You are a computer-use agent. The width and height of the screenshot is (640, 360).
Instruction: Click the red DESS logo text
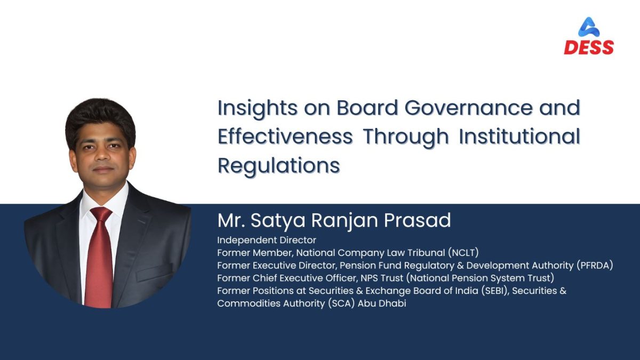click(589, 47)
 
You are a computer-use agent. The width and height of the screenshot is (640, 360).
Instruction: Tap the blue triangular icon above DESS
click(589, 27)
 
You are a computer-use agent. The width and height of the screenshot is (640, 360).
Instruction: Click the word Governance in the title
click(469, 108)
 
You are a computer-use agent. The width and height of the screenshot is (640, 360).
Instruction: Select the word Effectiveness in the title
click(285, 137)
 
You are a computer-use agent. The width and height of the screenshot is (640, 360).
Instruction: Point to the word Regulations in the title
click(279, 166)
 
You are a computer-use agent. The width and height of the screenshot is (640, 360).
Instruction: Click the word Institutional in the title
click(519, 137)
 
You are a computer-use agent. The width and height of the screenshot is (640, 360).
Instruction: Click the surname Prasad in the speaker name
click(417, 220)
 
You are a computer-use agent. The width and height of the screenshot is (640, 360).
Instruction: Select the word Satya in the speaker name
click(278, 221)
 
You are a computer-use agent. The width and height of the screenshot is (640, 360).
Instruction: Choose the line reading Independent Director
click(267, 240)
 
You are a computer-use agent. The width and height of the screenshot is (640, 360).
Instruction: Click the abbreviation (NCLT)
click(463, 253)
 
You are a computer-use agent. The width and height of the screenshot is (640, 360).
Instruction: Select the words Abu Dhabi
click(382, 303)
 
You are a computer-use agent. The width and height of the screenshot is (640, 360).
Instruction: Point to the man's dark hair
click(100, 120)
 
